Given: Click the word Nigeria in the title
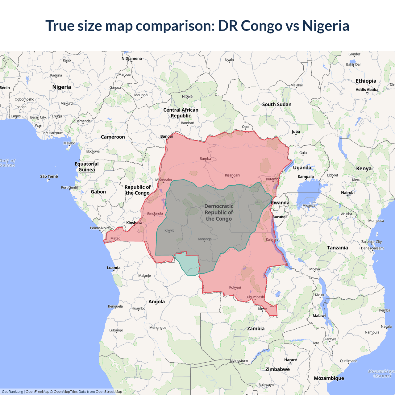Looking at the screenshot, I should click(326, 26).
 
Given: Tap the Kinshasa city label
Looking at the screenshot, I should click(134, 222).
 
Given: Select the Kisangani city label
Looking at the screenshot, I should click(232, 175).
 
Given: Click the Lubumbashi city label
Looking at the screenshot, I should click(255, 297).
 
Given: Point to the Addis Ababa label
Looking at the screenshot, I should click(367, 89).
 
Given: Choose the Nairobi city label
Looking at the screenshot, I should click(348, 193).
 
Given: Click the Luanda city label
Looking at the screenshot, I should click(114, 268).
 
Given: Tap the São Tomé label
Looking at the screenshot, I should click(49, 176).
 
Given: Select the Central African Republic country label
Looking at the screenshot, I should click(181, 113).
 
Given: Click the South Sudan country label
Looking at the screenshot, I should click(277, 104).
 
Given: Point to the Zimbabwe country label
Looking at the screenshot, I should click(277, 369).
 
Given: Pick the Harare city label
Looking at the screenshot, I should click(290, 360).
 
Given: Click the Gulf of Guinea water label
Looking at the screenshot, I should click(7, 163).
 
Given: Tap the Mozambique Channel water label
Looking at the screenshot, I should click(382, 373).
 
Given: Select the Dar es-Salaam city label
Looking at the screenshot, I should click(372, 248).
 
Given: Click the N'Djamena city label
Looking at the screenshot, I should click(131, 58).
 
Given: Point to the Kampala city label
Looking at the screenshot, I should click(306, 177).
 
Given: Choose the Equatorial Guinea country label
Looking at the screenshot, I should click(87, 167).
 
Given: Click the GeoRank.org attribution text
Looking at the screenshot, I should click(12, 392).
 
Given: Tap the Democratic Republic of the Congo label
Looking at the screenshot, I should click(219, 212).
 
